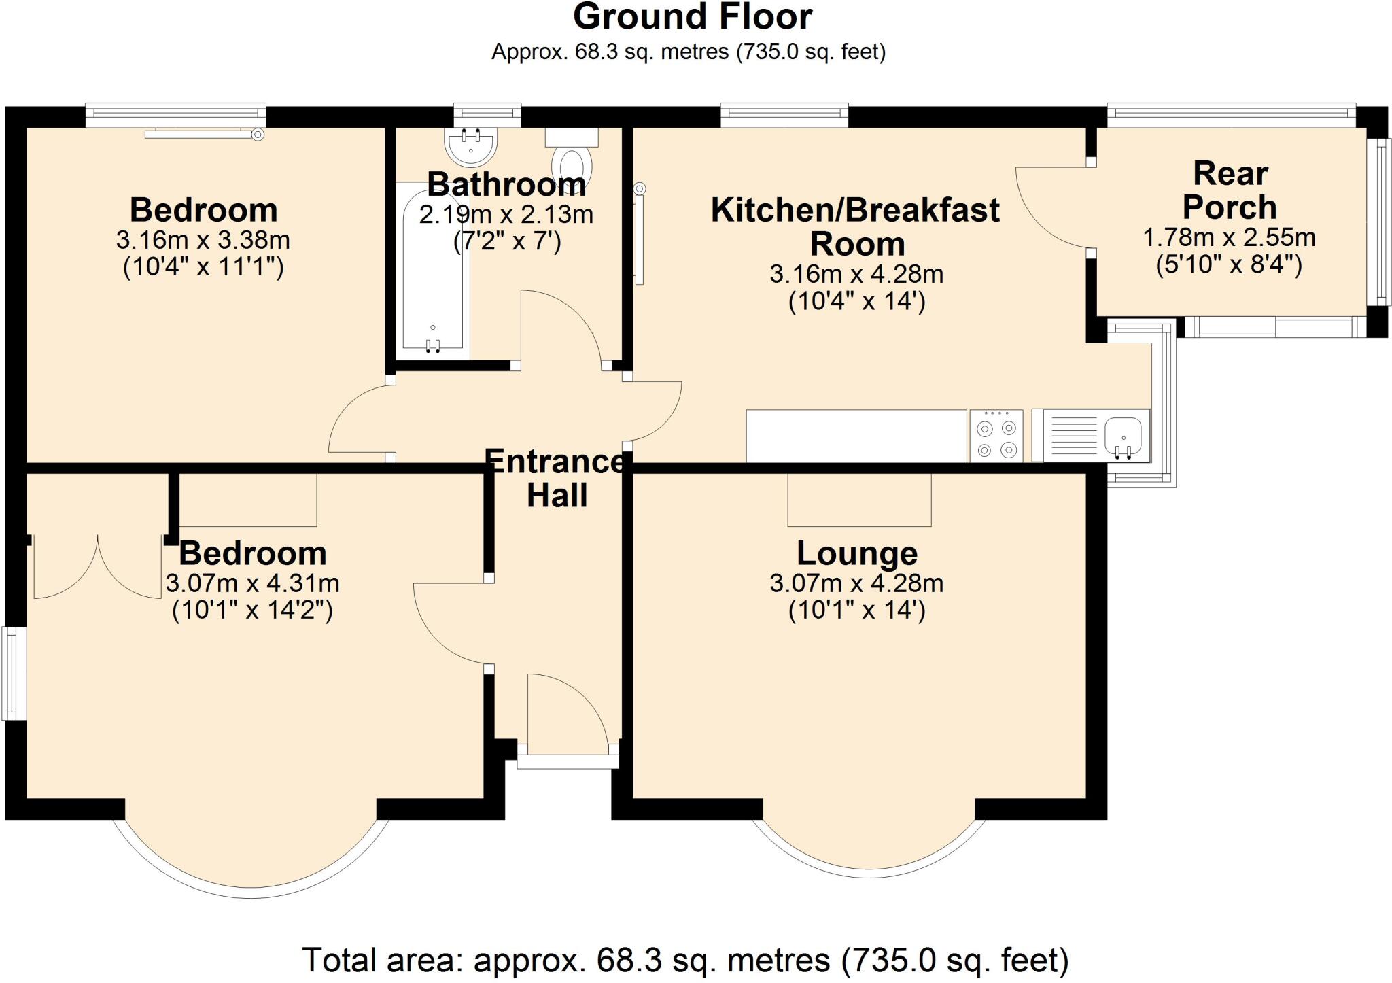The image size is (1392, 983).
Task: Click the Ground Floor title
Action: point(692,17)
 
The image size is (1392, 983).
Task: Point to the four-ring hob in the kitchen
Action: point(996,436)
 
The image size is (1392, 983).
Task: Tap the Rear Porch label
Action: point(1230,190)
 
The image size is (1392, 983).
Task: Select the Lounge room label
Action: point(856,553)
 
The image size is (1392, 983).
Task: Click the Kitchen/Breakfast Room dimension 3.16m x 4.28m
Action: point(856,274)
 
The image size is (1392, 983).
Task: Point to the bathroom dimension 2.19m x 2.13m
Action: point(506,215)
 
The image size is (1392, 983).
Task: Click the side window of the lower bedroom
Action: point(13,673)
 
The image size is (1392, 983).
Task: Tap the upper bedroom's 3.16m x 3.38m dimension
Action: point(203,240)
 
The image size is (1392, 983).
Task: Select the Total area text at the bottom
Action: point(685,960)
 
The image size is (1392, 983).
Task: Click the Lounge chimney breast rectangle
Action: point(859,500)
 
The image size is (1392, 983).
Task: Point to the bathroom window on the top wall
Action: point(487,115)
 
